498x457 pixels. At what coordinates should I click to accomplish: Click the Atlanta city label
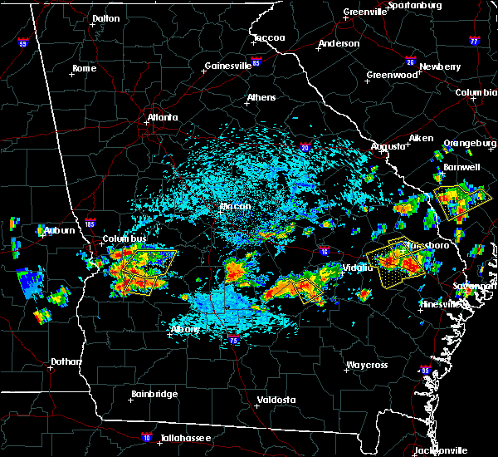pyautogui.click(x=163, y=117)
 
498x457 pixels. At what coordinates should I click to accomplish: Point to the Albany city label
pyautogui.click(x=185, y=329)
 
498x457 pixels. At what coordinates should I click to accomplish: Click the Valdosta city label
pyautogui.click(x=277, y=400)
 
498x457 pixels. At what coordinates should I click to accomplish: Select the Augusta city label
pyautogui.click(x=388, y=145)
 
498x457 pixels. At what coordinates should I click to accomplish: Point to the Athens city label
pyautogui.click(x=261, y=97)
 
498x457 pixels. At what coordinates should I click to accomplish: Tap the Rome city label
pyautogui.click(x=85, y=68)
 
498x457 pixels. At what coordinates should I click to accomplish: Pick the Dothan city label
pyautogui.click(x=66, y=361)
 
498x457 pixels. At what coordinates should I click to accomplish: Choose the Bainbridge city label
pyautogui.click(x=154, y=394)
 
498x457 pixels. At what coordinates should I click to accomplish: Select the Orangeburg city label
pyautogui.click(x=467, y=143)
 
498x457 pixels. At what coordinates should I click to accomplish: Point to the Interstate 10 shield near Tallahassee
pyautogui.click(x=147, y=435)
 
